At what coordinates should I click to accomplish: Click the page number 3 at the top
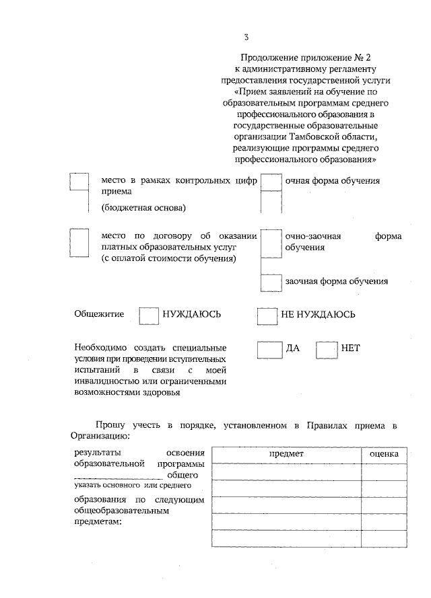[246, 36]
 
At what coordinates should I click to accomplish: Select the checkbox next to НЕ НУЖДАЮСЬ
[267, 315]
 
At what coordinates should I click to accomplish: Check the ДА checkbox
[270, 349]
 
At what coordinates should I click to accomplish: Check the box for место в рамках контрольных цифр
[79, 182]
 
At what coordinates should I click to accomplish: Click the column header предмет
[286, 454]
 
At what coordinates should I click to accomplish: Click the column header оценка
[384, 454]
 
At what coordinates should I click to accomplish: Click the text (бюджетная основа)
[143, 207]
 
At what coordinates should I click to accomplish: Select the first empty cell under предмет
[286, 472]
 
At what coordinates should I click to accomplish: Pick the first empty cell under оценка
[384, 472]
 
